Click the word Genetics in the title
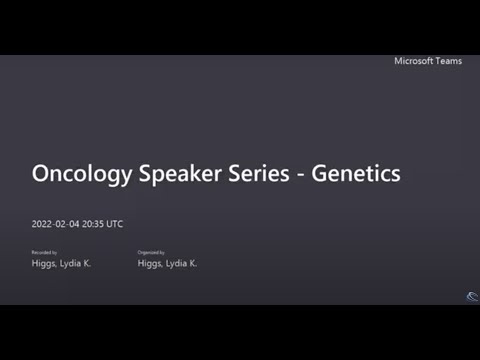pyautogui.click(x=356, y=173)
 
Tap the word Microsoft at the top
pyautogui.click(x=413, y=61)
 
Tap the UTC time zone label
pyautogui.click(x=116, y=224)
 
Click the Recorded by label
pyautogui.click(x=44, y=253)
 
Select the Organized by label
pyautogui.click(x=151, y=253)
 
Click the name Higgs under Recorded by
pyautogui.click(x=45, y=264)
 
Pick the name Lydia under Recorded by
pyautogui.click(x=70, y=264)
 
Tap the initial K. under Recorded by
pyautogui.click(x=87, y=264)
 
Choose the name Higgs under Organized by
pyautogui.click(x=151, y=264)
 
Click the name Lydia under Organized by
pyautogui.click(x=176, y=264)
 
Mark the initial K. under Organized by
pyautogui.click(x=193, y=264)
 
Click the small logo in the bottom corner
pyautogui.click(x=472, y=296)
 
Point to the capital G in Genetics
pyautogui.click(x=320, y=173)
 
